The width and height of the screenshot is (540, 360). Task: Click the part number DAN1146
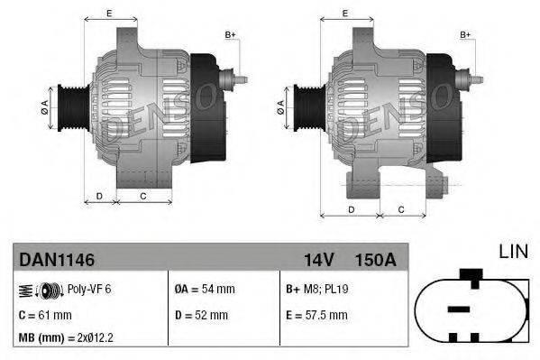pyautogui.click(x=57, y=260)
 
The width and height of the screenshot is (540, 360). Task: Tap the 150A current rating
pyautogui.click(x=377, y=260)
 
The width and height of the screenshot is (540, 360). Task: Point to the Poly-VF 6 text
pyautogui.click(x=89, y=290)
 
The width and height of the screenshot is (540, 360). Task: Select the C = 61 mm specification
pyautogui.click(x=46, y=315)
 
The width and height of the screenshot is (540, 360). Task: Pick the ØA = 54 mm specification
pyautogui.click(x=204, y=290)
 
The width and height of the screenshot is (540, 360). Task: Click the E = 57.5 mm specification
pyautogui.click(x=316, y=315)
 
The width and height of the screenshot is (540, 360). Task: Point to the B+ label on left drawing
pyautogui.click(x=230, y=34)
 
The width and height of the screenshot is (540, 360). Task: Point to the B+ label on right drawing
pyautogui.click(x=466, y=34)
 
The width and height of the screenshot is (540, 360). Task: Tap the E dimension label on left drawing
pyautogui.click(x=109, y=13)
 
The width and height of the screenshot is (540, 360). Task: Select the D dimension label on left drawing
pyautogui.click(x=99, y=195)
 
